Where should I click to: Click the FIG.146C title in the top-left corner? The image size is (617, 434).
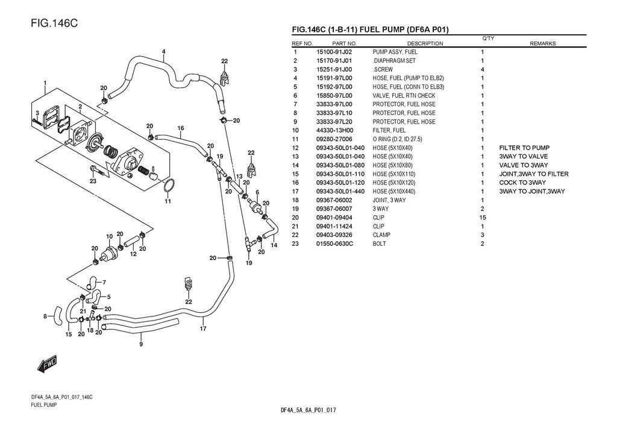pos(52,24)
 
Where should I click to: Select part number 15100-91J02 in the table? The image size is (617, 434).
pos(334,52)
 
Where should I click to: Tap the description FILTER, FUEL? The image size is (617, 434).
pos(389,130)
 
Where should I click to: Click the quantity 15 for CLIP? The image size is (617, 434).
pos(482,218)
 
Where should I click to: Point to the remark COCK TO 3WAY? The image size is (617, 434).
pos(522,183)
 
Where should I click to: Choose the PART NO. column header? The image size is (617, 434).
pos(344,43)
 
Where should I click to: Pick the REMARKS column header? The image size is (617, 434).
pos(542,43)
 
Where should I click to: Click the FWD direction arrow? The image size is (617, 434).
pos(47,363)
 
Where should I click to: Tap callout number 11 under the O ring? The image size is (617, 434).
pos(168,201)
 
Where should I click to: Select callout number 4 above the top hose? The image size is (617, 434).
pos(163,52)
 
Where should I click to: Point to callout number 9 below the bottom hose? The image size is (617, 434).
pos(140,344)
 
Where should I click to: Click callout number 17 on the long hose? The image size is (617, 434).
pos(203,329)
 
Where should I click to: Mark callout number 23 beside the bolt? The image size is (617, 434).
pos(93,181)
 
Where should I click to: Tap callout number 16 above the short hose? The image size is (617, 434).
pos(180,128)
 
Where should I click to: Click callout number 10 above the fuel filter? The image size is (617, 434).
pos(109,236)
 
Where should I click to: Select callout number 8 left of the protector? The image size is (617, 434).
pos(45,316)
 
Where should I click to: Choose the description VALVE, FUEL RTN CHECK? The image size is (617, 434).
pos(404,96)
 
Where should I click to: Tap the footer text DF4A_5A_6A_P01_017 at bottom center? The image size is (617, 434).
pos(308,410)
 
